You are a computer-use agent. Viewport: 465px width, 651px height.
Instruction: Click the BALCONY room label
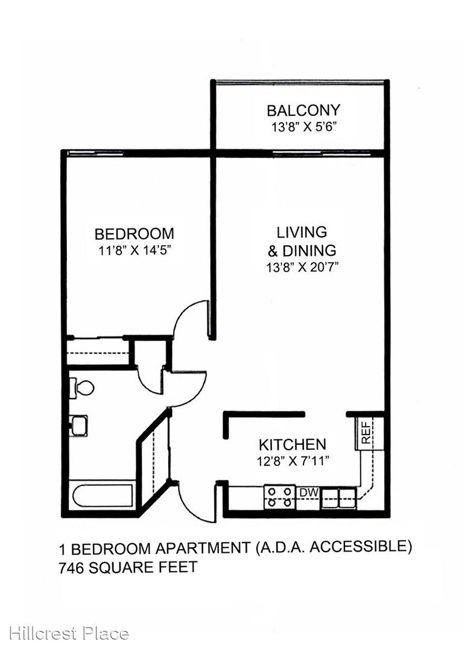pos(303,110)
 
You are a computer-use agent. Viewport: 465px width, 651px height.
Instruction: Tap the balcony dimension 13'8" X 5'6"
pos(303,127)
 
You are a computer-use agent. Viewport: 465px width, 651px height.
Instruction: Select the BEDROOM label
pos(134,234)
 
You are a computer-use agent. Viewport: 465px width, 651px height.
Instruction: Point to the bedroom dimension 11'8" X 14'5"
pos(134,250)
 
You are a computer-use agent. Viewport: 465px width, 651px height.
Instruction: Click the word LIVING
pos(302,232)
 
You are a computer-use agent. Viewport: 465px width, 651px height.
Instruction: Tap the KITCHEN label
pos(293,445)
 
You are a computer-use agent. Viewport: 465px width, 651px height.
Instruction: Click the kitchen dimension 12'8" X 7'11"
pos(293,461)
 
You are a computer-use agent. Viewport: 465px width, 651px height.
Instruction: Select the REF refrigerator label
pos(366,433)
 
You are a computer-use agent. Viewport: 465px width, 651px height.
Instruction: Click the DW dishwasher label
pos(309,493)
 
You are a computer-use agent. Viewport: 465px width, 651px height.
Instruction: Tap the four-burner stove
pos(280,497)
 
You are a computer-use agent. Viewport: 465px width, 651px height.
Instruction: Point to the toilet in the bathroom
pos(81,389)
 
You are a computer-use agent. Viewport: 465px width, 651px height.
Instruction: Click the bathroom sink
pos(79,426)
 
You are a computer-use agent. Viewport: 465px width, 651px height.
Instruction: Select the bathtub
pos(103,495)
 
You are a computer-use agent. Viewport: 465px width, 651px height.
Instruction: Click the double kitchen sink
pos(339,498)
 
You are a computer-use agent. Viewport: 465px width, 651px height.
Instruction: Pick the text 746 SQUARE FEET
pos(128,567)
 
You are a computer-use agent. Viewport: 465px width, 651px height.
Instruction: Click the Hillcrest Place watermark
pos(69,634)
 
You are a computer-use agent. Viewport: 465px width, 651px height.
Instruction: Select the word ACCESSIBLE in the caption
pos(361,547)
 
